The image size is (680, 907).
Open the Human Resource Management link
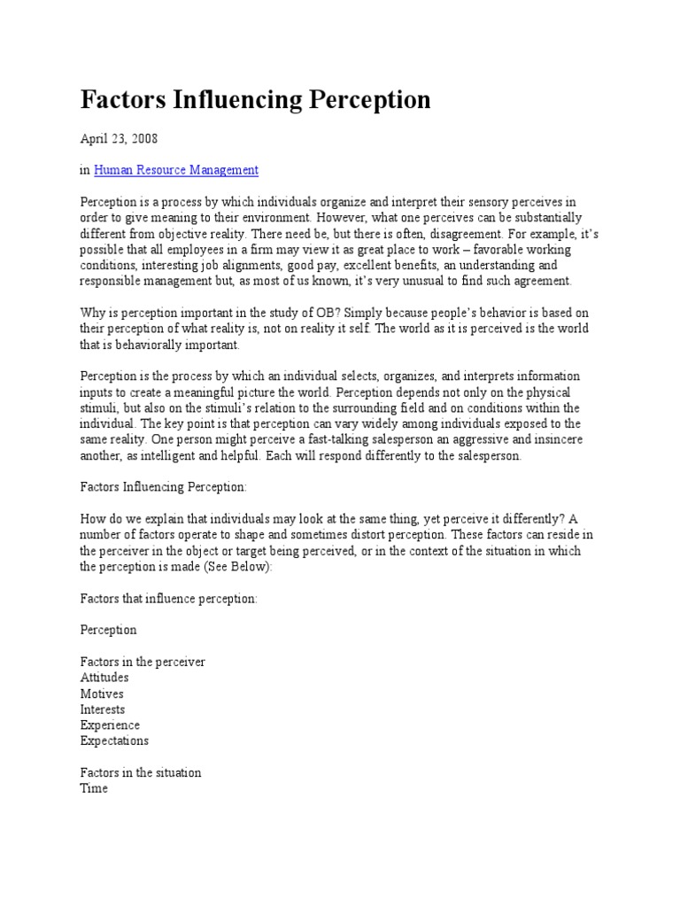point(175,170)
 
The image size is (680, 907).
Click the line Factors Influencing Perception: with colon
point(157,487)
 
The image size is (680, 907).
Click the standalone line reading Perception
point(109,630)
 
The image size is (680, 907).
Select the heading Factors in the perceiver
point(143,662)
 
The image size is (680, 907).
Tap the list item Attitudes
point(104,678)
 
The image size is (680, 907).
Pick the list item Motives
point(102,694)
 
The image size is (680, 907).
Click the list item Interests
point(103,709)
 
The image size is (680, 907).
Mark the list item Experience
point(110,725)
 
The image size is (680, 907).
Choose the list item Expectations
point(114,740)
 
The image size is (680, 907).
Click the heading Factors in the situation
point(141,772)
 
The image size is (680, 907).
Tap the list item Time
point(94,788)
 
